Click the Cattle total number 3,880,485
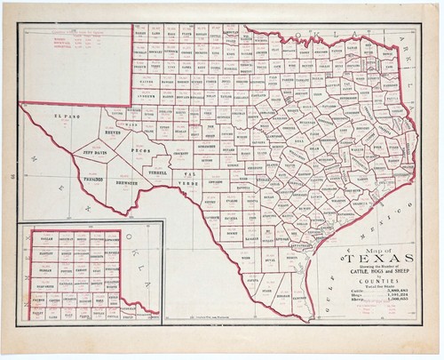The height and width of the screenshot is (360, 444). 392,292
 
